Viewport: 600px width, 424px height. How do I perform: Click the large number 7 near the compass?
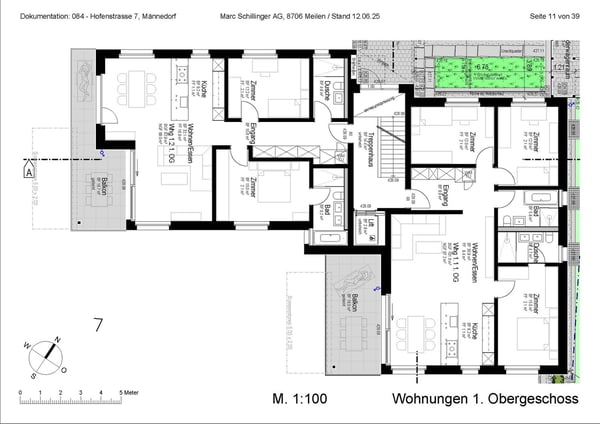click(98, 325)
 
